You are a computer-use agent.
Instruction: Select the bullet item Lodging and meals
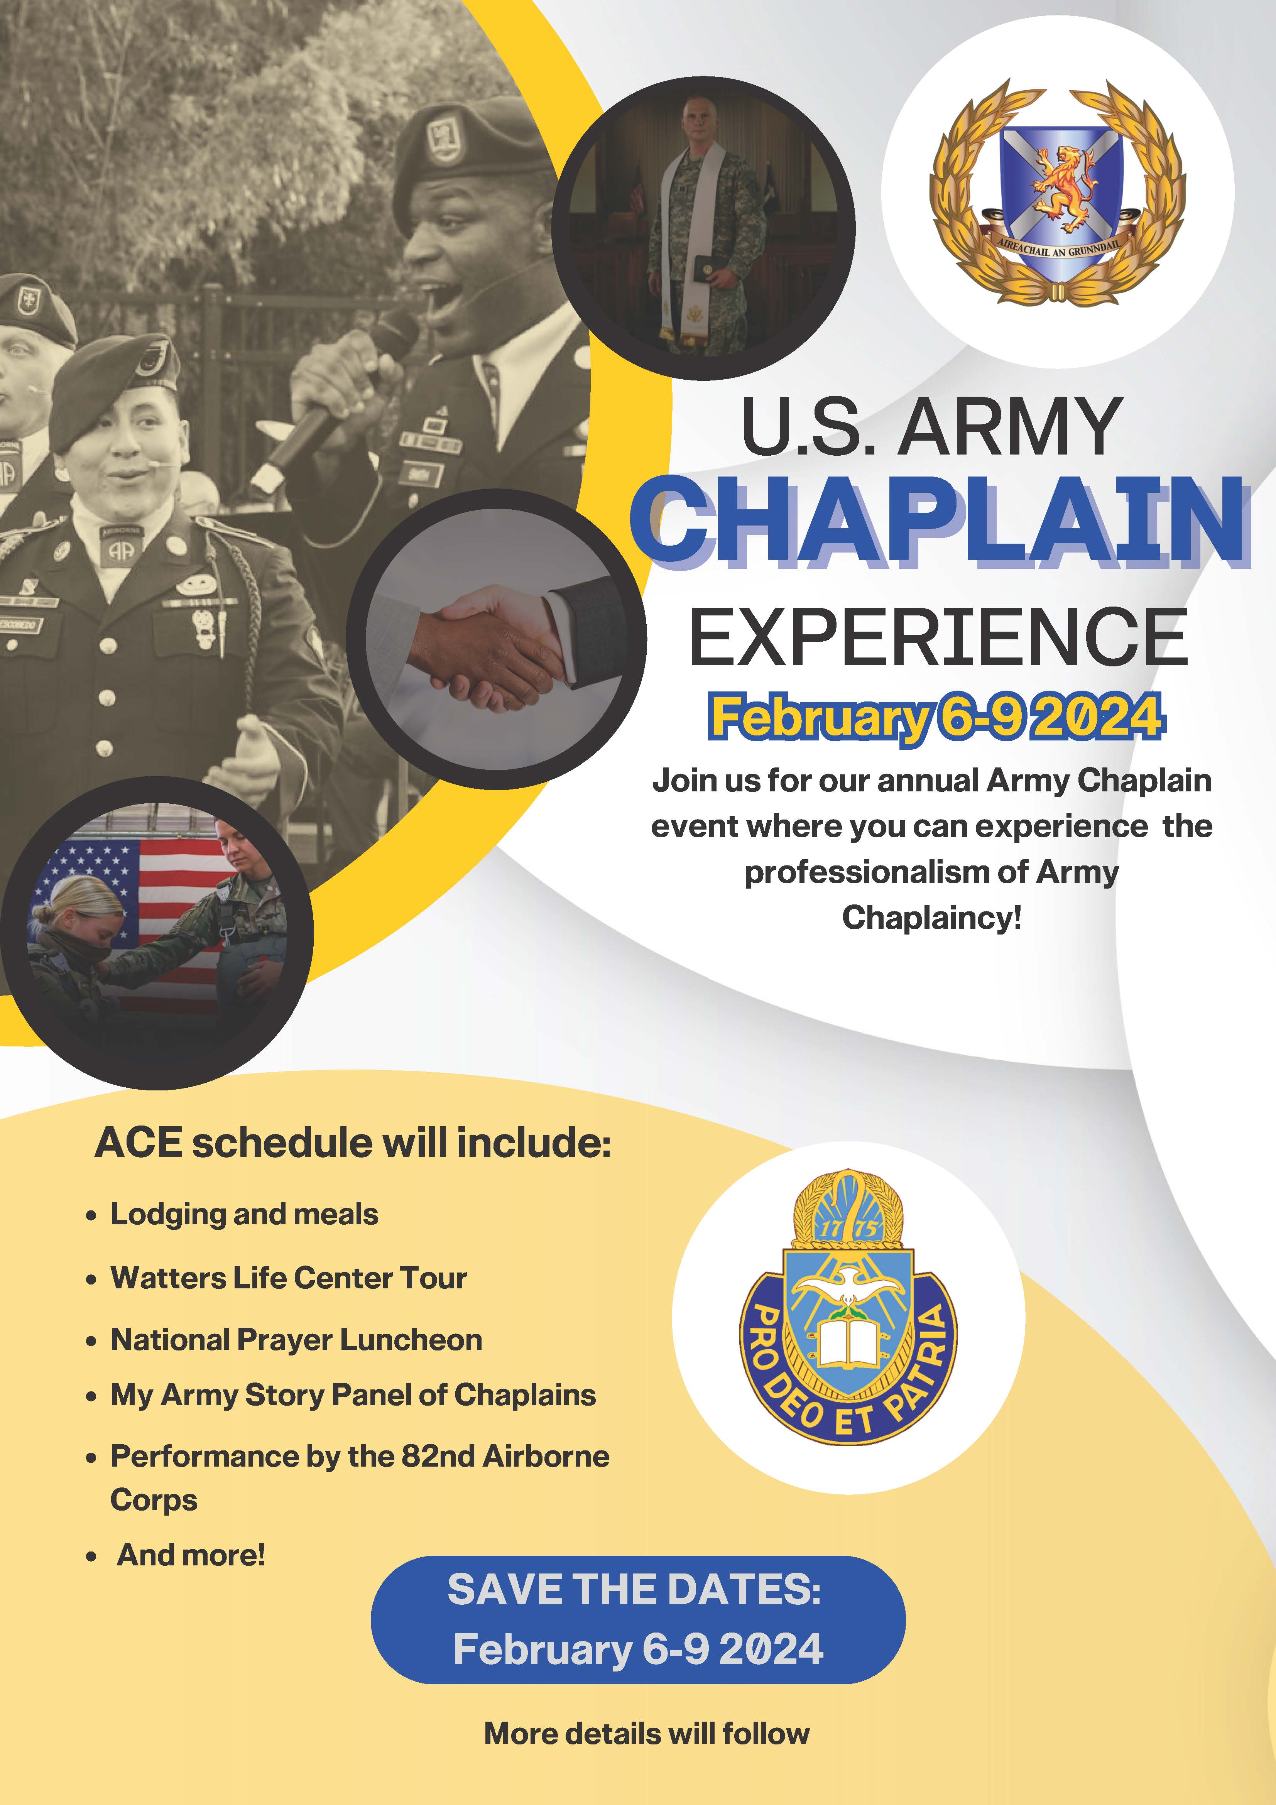(x=244, y=1215)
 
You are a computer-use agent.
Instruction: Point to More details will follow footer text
(x=646, y=1734)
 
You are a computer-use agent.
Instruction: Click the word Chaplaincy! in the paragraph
(x=932, y=918)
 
